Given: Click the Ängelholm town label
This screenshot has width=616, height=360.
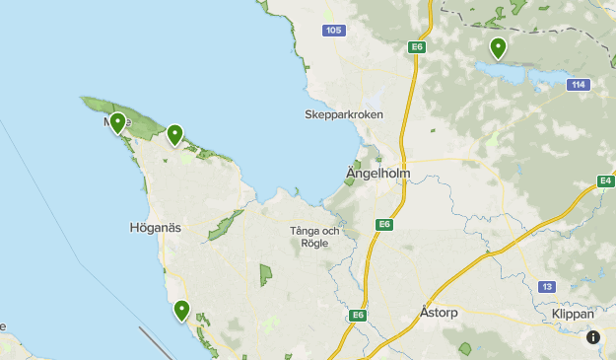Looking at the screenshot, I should click(377, 175).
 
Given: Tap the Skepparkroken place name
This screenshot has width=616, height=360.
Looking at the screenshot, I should click(343, 114).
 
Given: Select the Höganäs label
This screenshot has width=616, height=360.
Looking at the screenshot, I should click(156, 228).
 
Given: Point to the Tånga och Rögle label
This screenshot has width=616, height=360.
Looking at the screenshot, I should click(314, 237).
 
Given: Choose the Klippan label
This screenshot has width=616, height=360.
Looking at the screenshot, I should click(573, 314).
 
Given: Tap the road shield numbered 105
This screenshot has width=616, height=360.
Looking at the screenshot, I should click(334, 31).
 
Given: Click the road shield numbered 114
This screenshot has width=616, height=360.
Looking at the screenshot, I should click(580, 85).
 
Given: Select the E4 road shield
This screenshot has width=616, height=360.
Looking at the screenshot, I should click(606, 180).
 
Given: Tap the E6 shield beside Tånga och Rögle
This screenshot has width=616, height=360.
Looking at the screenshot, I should click(384, 225).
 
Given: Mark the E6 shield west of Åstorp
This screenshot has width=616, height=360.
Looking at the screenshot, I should click(360, 316).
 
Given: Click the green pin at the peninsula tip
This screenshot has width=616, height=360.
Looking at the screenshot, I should click(117, 123).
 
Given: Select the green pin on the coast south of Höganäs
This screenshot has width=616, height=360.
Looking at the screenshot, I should click(181, 311).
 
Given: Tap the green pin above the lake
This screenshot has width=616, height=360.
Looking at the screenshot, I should click(499, 47).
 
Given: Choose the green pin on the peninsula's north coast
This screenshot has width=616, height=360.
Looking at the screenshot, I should click(174, 134).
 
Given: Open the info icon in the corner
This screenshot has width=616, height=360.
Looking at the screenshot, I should click(593, 337).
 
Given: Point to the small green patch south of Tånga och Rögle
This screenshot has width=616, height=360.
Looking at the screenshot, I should click(264, 275).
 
